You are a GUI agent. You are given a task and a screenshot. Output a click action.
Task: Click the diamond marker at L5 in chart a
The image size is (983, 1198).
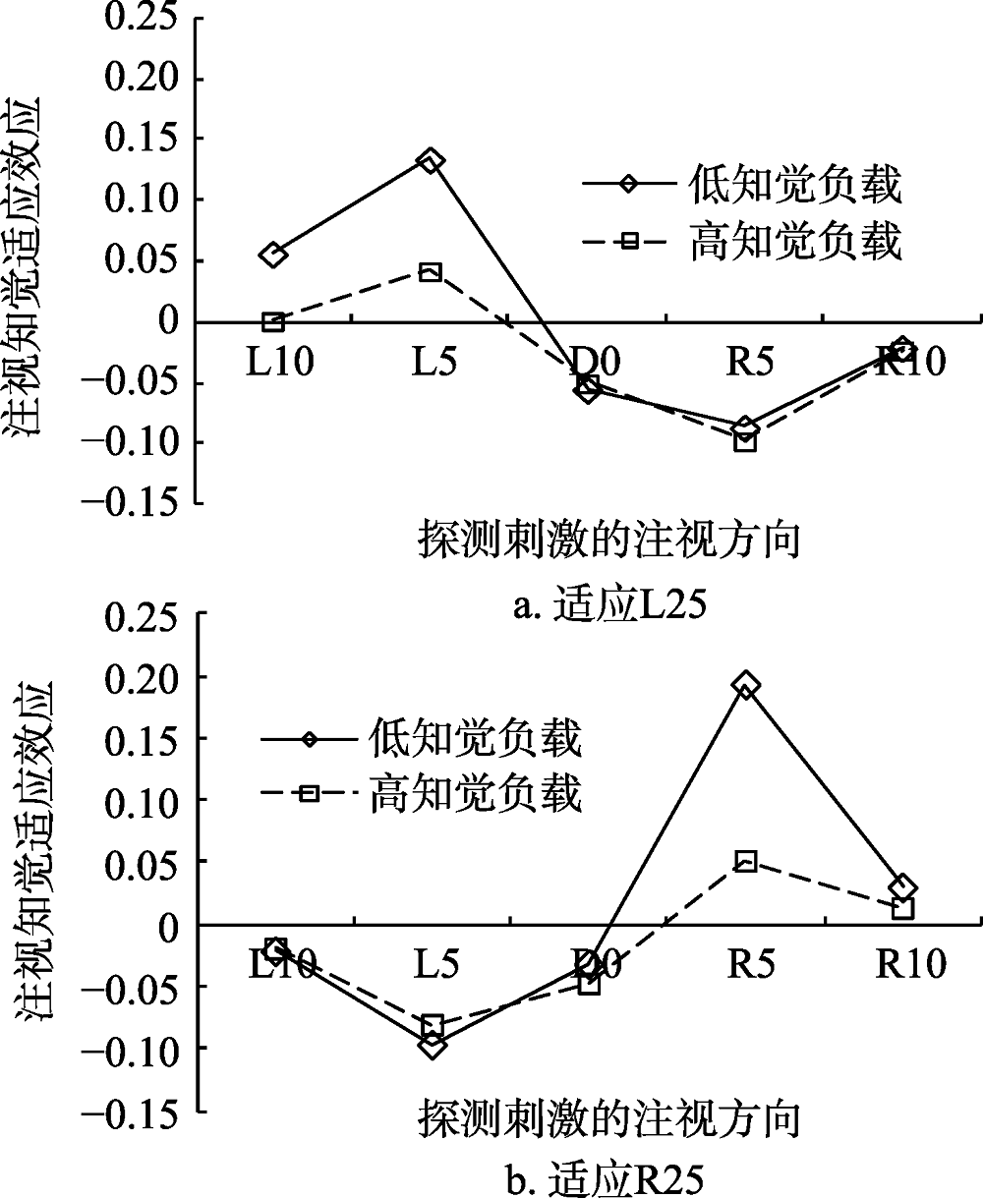pos(431,160)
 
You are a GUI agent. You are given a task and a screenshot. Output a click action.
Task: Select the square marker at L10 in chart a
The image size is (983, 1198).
pos(273,321)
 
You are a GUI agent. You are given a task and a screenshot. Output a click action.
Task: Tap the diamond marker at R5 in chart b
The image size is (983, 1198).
pos(746,685)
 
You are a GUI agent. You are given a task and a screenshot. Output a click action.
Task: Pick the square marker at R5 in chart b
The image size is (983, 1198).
pos(746,862)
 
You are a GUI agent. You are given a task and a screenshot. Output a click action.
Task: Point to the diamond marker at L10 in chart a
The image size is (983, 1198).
pos(273,255)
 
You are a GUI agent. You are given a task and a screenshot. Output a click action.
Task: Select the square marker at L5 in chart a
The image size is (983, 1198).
pos(431,271)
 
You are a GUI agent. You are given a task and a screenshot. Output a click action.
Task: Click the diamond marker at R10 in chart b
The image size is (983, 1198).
pos(903,887)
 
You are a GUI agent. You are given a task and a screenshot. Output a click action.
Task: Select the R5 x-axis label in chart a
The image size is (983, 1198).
pos(745,363)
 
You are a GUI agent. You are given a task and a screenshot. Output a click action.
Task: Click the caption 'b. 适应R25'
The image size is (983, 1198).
pos(609,1176)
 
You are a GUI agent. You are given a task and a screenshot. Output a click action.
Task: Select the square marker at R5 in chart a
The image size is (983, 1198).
pos(746,441)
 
